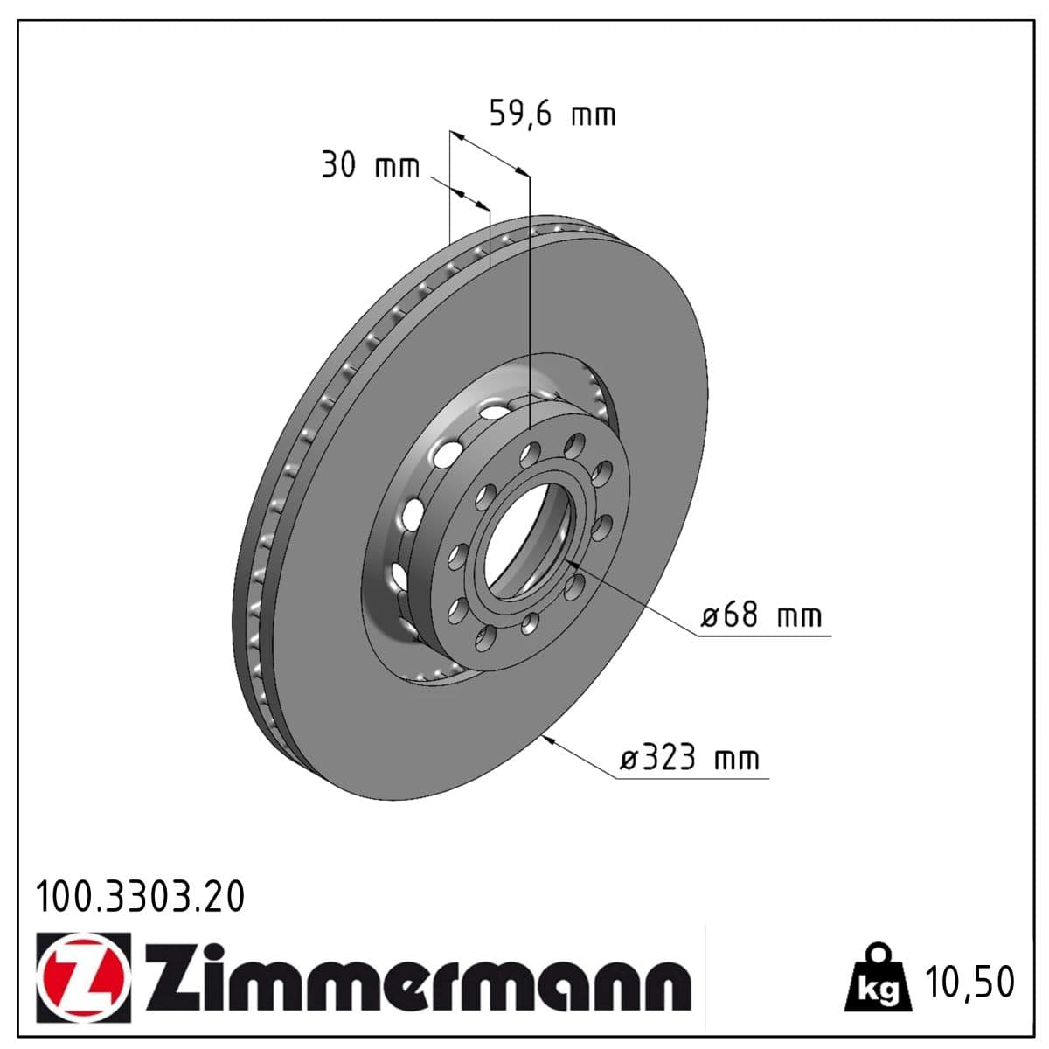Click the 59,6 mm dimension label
(552, 115)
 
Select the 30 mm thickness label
(371, 165)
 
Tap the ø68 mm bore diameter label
(761, 615)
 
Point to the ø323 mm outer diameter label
(690, 757)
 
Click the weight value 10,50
(971, 982)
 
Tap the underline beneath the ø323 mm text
(691, 777)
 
